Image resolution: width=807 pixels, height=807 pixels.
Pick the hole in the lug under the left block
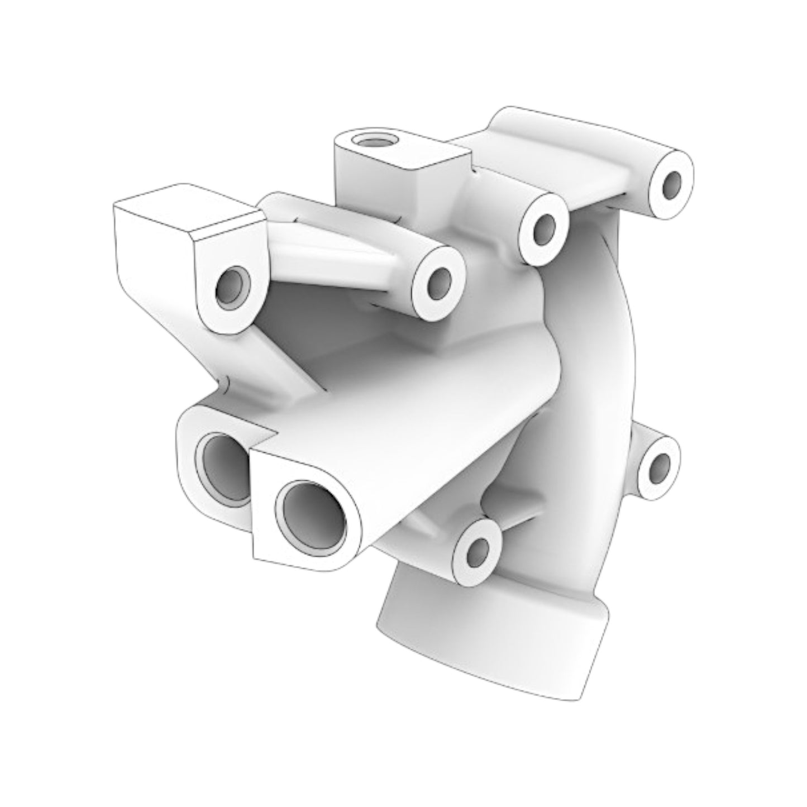pyautogui.click(x=231, y=288)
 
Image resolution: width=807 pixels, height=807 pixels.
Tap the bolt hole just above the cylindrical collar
pyautogui.click(x=475, y=551)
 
